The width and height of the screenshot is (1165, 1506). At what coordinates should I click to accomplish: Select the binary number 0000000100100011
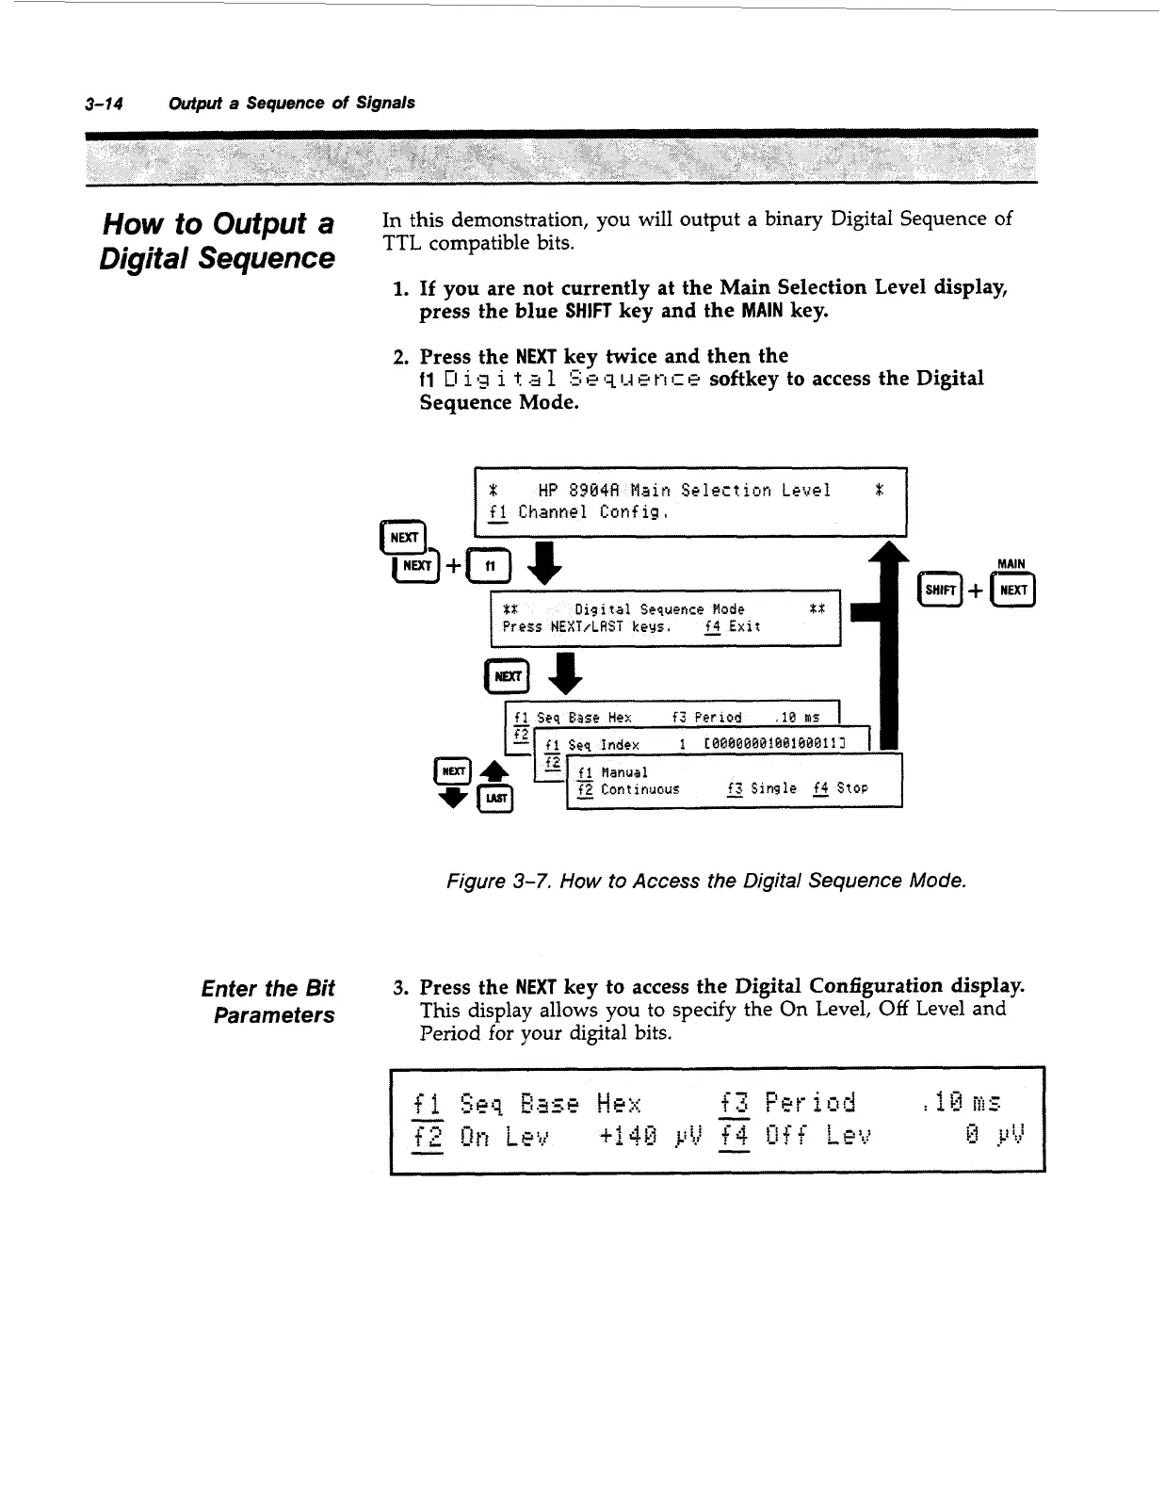coord(777,745)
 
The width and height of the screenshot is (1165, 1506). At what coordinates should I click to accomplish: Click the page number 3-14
coord(104,103)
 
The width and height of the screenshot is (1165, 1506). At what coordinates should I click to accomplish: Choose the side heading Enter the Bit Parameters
coord(268,1001)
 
